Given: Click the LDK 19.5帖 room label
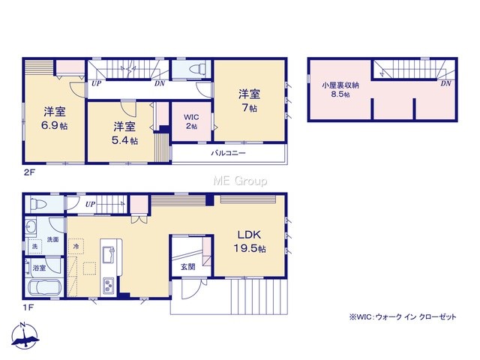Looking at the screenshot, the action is click(x=250, y=241).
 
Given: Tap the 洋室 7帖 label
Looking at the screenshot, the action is click(x=250, y=100).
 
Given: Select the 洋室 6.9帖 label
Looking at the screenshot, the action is click(x=55, y=118).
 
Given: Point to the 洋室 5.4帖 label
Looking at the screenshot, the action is click(x=124, y=133).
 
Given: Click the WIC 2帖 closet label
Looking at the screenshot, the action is click(x=191, y=121).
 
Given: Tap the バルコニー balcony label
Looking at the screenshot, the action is click(x=228, y=153).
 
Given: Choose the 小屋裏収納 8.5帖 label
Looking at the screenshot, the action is click(x=340, y=89).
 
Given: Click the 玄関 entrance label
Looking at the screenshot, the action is click(x=187, y=267).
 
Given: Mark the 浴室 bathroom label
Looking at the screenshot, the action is click(x=40, y=268).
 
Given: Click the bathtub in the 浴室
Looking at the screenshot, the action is click(x=45, y=288).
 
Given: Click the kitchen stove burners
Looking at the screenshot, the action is click(x=108, y=286).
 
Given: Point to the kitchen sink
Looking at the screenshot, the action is click(x=109, y=254).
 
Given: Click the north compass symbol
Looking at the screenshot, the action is click(x=25, y=337).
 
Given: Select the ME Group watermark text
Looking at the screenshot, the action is click(x=240, y=181).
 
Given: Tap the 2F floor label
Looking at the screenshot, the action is click(x=30, y=172).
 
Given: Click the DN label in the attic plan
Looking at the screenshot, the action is click(x=446, y=83).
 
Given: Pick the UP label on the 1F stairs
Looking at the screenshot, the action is click(x=90, y=204).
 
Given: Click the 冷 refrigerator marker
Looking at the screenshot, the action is click(x=76, y=246).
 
